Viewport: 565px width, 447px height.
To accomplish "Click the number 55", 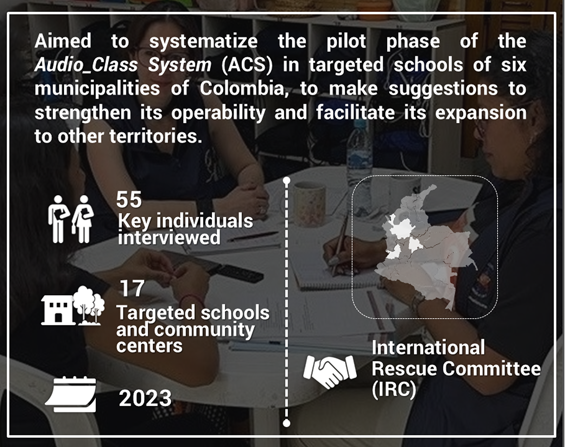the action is point(129,199).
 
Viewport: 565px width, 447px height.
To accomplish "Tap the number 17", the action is point(132,288).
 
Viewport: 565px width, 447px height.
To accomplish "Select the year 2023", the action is point(145,398).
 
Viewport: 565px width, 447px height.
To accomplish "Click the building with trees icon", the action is point(73,305).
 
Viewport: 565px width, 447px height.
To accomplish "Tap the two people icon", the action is point(70,219).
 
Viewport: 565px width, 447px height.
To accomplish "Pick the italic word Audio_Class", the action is point(86,65).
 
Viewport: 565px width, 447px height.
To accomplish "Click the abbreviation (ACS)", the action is point(247,65).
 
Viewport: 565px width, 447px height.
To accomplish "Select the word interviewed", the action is point(169,237).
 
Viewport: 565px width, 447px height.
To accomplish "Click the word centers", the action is point(149,345).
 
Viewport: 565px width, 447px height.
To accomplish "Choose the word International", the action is point(428,347).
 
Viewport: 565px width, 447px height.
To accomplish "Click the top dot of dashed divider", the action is point(287,180).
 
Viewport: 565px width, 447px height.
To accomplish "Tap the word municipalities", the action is point(97,89).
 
